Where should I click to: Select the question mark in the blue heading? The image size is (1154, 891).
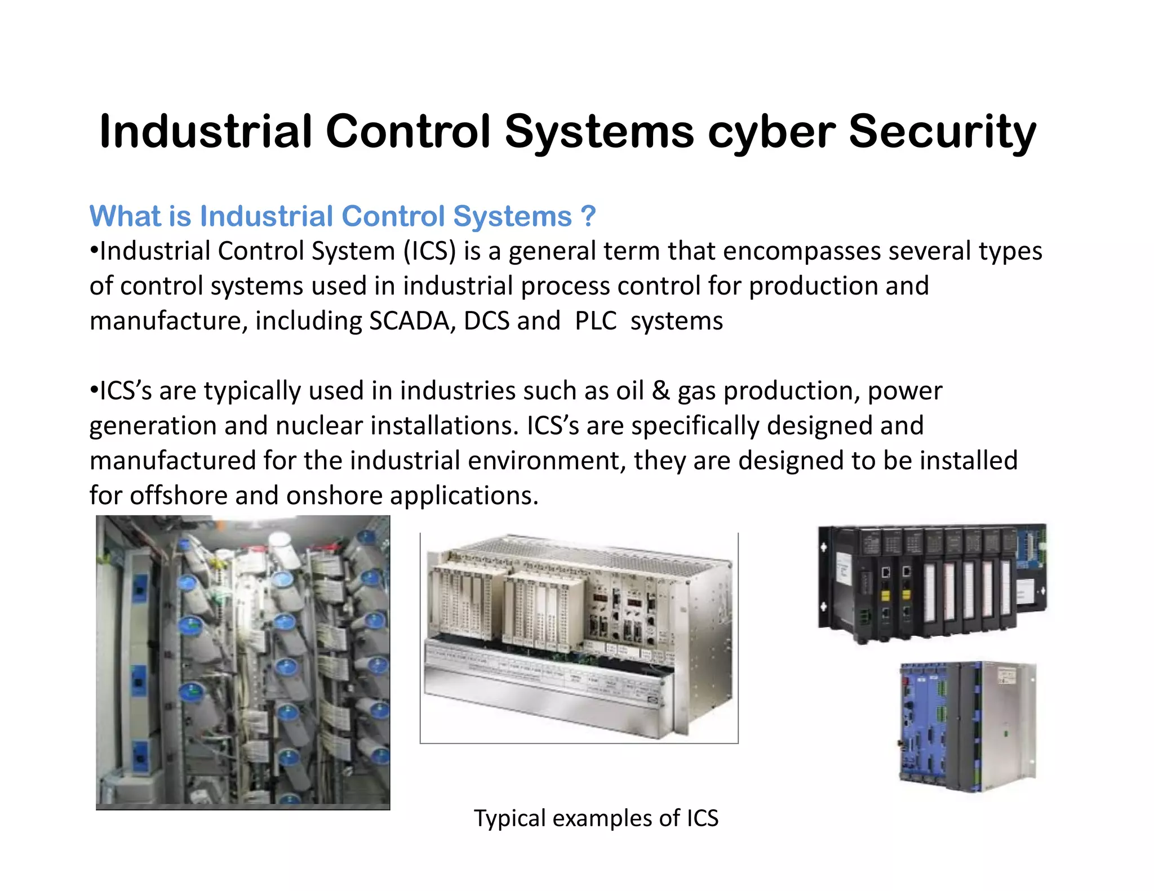pyautogui.click(x=588, y=216)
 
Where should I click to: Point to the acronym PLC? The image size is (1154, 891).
pyautogui.click(x=596, y=321)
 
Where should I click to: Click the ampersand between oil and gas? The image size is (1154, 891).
pyautogui.click(x=660, y=391)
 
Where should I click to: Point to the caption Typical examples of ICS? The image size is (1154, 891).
pyautogui.click(x=596, y=818)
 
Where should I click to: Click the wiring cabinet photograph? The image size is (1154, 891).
pyautogui.click(x=243, y=662)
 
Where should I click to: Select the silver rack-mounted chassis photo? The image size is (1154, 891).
pyautogui.click(x=579, y=638)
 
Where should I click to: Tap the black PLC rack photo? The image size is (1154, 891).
pyautogui.click(x=932, y=583)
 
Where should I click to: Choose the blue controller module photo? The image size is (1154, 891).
pyautogui.click(x=967, y=727)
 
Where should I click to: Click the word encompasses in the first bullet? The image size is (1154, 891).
pyautogui.click(x=801, y=251)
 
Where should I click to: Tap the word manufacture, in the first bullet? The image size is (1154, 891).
pyautogui.click(x=168, y=321)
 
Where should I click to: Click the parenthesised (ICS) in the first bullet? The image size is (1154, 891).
pyautogui.click(x=429, y=251)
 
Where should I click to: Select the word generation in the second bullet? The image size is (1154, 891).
pyautogui.click(x=153, y=426)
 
